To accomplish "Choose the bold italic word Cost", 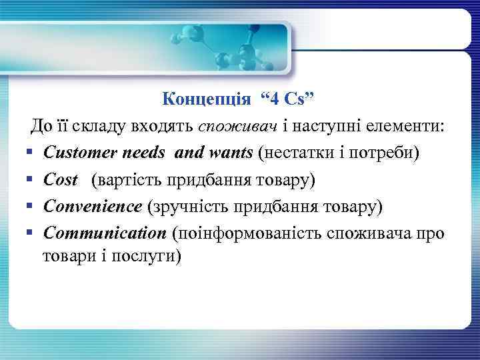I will point(60,180).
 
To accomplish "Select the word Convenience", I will point(93,207).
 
